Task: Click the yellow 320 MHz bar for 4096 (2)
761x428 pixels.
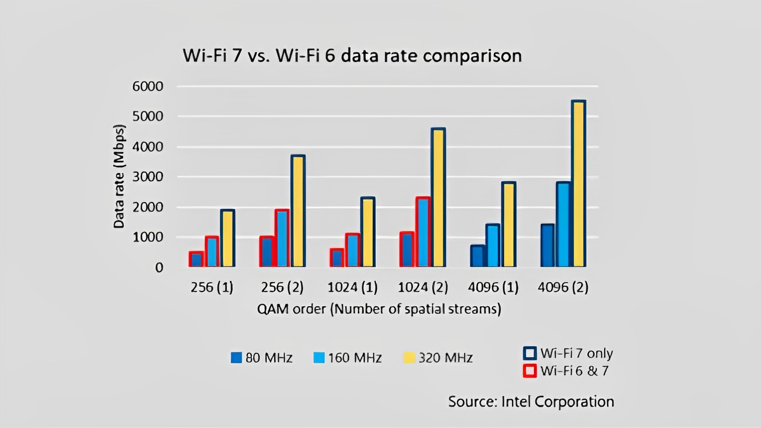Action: (578, 184)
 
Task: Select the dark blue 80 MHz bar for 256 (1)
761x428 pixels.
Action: (196, 259)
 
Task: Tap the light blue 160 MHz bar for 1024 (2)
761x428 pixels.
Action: (423, 232)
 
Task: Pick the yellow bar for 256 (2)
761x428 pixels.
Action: (298, 211)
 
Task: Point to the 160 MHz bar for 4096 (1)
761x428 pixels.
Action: (493, 245)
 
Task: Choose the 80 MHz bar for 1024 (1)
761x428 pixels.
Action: (337, 258)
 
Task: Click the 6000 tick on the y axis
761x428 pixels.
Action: (148, 86)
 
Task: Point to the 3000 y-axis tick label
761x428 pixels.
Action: (148, 177)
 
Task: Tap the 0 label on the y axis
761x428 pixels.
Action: (159, 268)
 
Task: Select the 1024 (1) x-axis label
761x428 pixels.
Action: (352, 288)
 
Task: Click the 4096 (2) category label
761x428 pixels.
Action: (563, 288)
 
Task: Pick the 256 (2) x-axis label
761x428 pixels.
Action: (282, 288)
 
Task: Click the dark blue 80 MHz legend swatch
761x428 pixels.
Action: (236, 358)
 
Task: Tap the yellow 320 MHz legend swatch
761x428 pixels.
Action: (409, 358)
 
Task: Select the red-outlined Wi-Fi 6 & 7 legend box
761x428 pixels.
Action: (530, 370)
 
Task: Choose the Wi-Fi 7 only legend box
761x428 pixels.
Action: (530, 353)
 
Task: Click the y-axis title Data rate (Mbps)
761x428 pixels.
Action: (119, 176)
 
